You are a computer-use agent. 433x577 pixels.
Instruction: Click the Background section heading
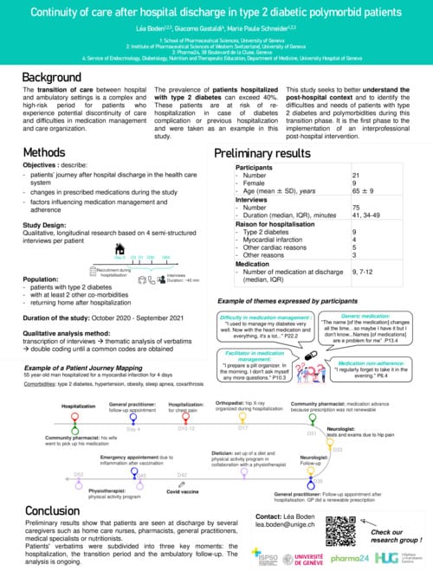click(x=52, y=78)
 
